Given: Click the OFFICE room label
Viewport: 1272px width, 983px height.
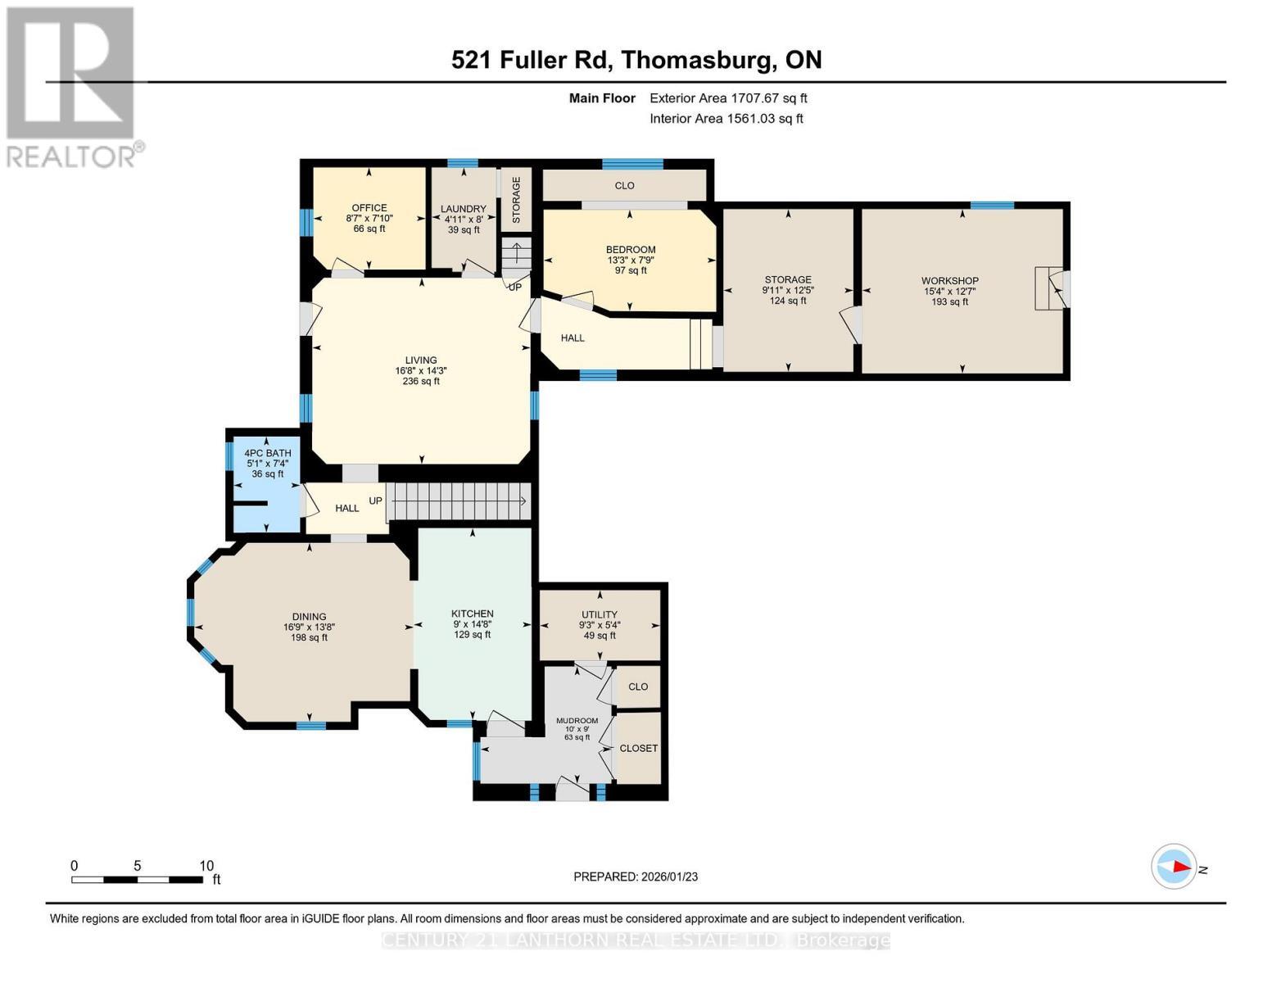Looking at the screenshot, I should pos(369,208).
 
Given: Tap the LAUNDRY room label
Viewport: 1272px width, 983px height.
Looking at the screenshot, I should pos(463,209).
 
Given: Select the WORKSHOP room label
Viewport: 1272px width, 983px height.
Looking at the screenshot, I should pos(949,281).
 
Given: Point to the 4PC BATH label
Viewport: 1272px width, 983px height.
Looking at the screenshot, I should pos(267,453).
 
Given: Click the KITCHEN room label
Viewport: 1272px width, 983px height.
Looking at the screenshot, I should pos(472,614).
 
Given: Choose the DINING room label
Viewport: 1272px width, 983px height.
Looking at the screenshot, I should pos(309,617).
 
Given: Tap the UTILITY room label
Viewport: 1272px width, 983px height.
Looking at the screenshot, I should pos(599,614).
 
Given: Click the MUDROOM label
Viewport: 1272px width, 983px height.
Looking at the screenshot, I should pos(577,721).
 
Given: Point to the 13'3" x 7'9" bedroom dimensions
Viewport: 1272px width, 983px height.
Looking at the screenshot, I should pos(630,260).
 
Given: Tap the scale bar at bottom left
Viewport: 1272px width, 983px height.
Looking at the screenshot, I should pos(137,880).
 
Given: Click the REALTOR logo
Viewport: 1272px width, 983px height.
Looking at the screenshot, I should pos(72,86).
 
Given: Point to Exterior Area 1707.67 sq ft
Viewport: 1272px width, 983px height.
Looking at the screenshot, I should pos(727,98).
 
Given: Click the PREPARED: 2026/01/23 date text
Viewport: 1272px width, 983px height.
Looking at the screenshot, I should pos(635,877).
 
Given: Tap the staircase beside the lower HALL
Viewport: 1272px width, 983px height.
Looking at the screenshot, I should pos(458,501).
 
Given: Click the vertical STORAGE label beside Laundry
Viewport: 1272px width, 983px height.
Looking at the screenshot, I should pos(516,200).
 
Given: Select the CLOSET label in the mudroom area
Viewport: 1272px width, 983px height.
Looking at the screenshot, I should pos(638,748).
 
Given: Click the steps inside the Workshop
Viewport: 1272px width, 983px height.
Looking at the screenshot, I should pos(1043,288).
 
